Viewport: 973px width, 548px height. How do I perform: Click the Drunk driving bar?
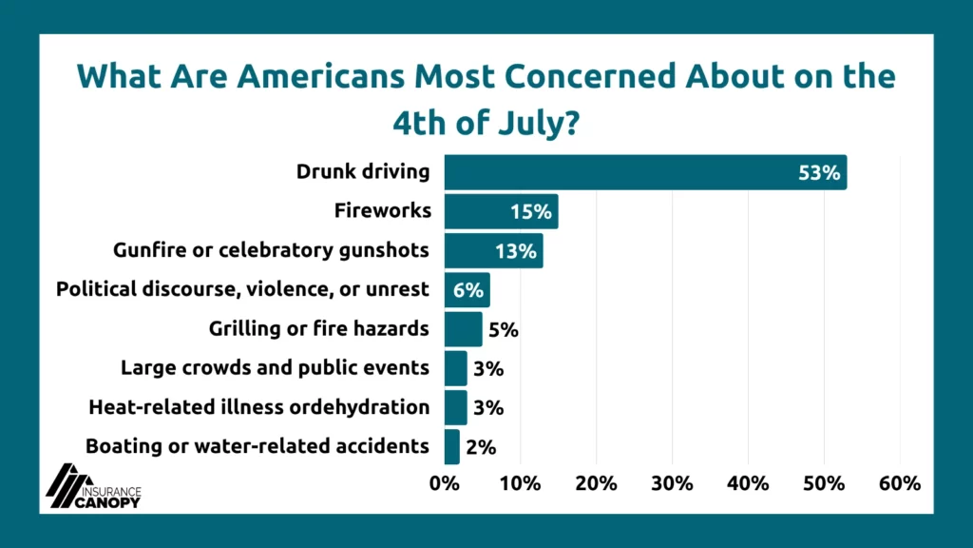coord(645,172)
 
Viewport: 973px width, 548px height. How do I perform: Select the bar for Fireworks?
coord(502,211)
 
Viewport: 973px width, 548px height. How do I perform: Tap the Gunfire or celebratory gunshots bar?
coord(494,250)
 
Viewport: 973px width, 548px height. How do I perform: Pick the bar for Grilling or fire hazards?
coord(463,328)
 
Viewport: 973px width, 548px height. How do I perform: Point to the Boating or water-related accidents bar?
coord(451,447)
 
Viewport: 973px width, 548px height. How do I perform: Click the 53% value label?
coord(819,173)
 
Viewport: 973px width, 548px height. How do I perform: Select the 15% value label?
coord(530,212)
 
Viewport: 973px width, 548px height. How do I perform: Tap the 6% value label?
coord(467,290)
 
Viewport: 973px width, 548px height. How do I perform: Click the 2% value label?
coord(481,447)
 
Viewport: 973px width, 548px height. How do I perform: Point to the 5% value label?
coord(504,329)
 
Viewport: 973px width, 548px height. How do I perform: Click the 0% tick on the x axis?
coord(445,483)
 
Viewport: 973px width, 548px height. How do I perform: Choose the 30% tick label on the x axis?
coord(672,483)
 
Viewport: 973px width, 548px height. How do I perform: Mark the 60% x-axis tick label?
coord(900,483)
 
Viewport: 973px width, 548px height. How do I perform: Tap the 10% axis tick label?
coord(520,483)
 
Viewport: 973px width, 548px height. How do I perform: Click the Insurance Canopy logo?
coord(93,486)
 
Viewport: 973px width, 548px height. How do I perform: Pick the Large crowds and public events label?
coord(275,368)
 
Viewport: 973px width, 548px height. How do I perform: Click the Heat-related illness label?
coord(259,407)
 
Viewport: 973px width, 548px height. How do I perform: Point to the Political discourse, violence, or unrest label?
coord(242,289)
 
